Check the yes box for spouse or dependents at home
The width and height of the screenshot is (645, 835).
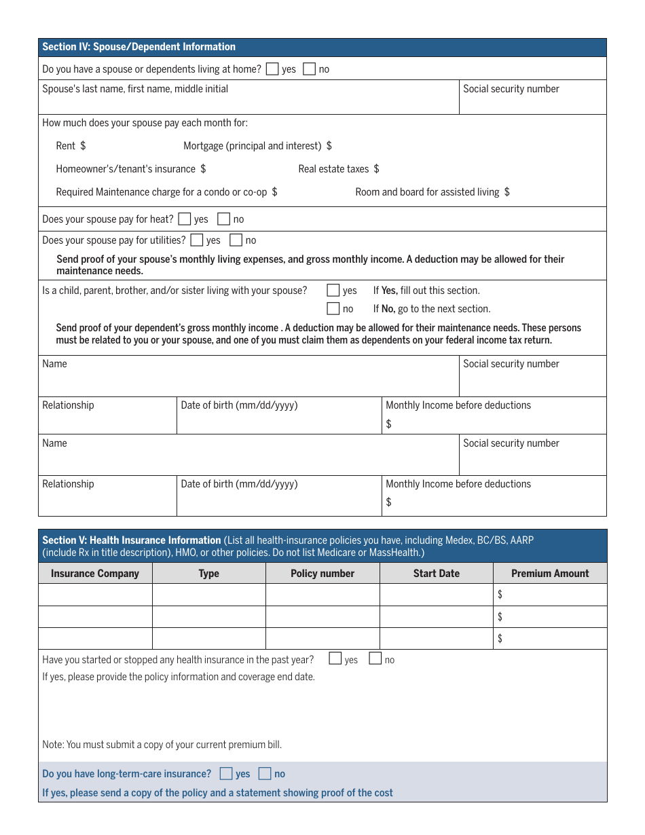pos(272,69)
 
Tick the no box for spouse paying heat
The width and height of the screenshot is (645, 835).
pos(223,219)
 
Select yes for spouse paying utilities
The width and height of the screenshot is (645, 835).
pos(197,240)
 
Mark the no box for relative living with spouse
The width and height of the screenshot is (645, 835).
pos(333,308)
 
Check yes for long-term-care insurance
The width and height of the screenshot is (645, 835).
pos(226,773)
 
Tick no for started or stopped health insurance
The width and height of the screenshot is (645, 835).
pos(375,658)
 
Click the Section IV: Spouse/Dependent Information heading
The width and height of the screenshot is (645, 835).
pos(139,47)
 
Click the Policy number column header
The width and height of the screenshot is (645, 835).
pos(322,573)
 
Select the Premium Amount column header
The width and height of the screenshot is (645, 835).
pos(550,573)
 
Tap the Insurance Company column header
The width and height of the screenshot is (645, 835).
pos(95,573)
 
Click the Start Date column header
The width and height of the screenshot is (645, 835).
pos(436,573)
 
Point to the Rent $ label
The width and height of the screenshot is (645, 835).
pos(71,146)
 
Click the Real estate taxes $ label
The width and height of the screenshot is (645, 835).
pos(338,169)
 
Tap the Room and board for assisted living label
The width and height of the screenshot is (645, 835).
pos(432,192)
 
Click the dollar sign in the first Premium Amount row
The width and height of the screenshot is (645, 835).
pos(500,595)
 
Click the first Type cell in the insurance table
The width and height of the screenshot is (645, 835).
pos(208,595)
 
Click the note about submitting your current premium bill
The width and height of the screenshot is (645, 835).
pos(162,745)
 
